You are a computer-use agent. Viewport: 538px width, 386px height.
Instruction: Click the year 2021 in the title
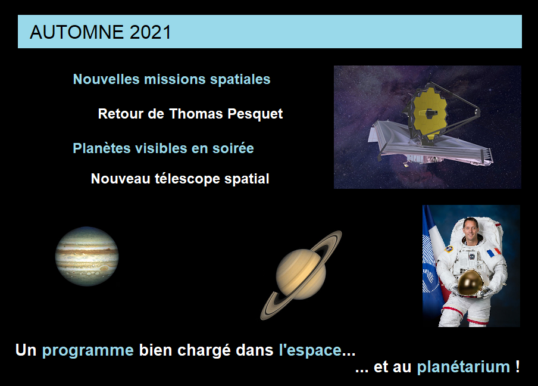(x=150, y=32)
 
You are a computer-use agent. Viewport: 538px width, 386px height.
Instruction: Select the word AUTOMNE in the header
(x=77, y=32)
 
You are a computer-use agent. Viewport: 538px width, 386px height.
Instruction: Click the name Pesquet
(x=255, y=114)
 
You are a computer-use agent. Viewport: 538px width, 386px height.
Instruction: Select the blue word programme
(x=88, y=351)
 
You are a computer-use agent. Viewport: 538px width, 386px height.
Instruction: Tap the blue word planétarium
(x=463, y=367)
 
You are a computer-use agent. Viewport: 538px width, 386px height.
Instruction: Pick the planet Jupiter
(x=87, y=256)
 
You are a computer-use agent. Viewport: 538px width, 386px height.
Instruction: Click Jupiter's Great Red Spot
(x=104, y=268)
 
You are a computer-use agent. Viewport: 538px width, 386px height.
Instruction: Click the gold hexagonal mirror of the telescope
(x=430, y=113)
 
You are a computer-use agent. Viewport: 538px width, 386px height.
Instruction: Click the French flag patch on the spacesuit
(x=493, y=253)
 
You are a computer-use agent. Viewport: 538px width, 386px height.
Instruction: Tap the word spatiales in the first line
(x=240, y=79)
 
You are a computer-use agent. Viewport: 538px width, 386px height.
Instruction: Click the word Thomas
(x=196, y=114)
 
